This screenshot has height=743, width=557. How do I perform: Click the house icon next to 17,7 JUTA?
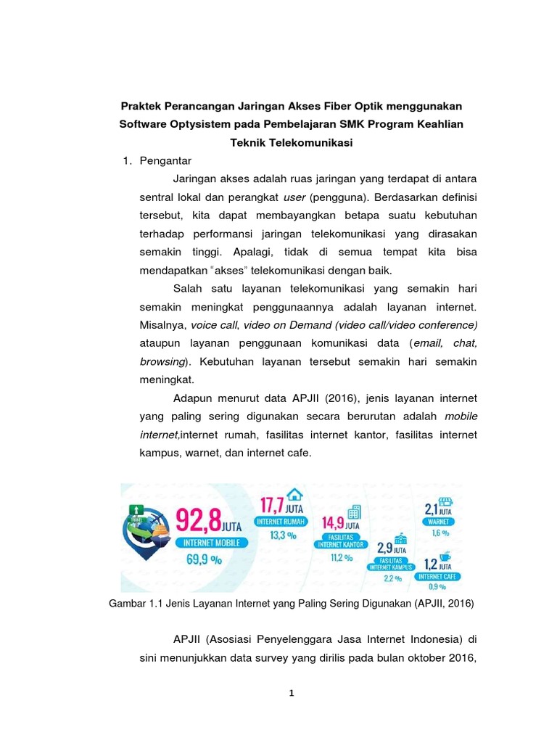pyautogui.click(x=294, y=494)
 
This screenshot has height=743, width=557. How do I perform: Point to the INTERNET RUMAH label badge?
pyautogui.click(x=280, y=520)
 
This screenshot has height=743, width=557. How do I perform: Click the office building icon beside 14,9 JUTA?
pyautogui.click(x=355, y=512)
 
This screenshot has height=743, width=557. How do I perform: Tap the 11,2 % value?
pyautogui.click(x=341, y=557)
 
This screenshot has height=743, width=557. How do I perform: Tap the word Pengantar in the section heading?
pyautogui.click(x=165, y=161)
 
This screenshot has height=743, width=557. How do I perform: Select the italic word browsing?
pyautogui.click(x=162, y=361)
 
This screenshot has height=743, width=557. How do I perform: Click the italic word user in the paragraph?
pyautogui.click(x=294, y=197)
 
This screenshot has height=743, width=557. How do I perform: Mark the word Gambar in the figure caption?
pyautogui.click(x=129, y=603)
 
